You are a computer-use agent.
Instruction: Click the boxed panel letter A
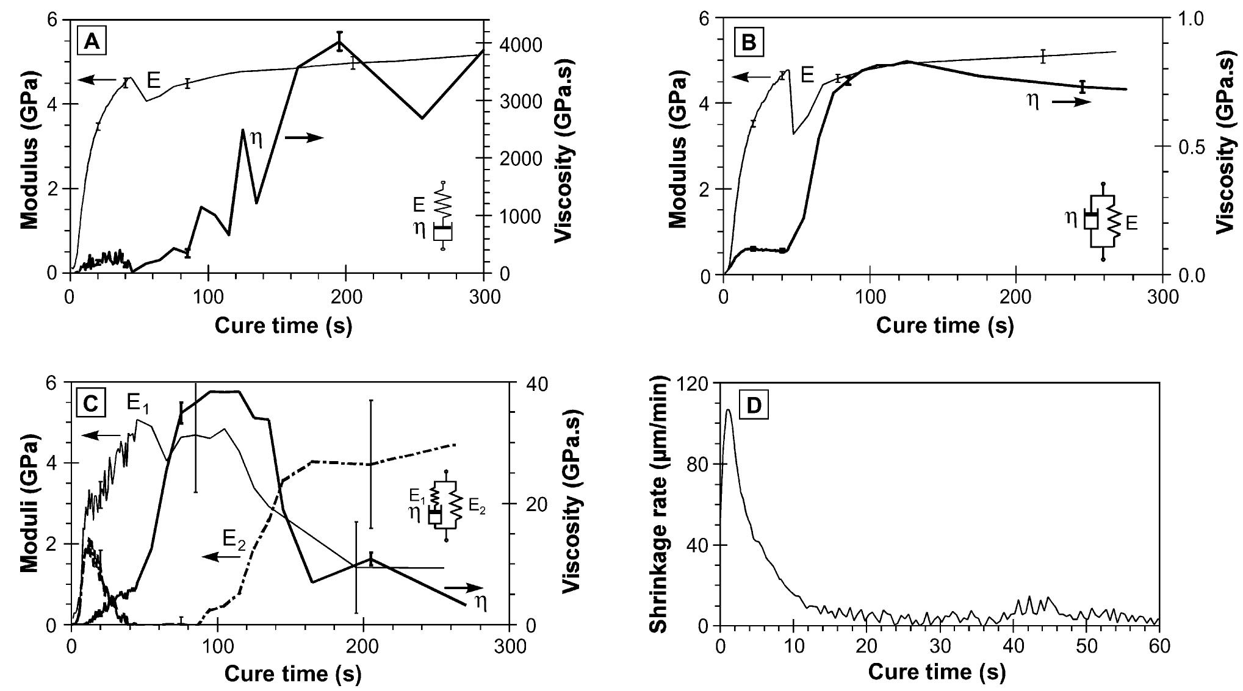coord(92,41)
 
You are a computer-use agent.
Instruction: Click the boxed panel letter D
coord(754,406)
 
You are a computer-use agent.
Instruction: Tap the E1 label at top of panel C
coord(138,403)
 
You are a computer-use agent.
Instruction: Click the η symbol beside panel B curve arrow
coord(1033,101)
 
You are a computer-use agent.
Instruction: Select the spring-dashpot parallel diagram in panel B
coord(1102,221)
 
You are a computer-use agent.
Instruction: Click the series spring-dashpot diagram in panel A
coord(443,216)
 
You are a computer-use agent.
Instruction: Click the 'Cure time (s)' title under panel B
coord(945,325)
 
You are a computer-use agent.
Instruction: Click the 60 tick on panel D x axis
coord(1158,646)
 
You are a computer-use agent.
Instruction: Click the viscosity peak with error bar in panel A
coord(339,41)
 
